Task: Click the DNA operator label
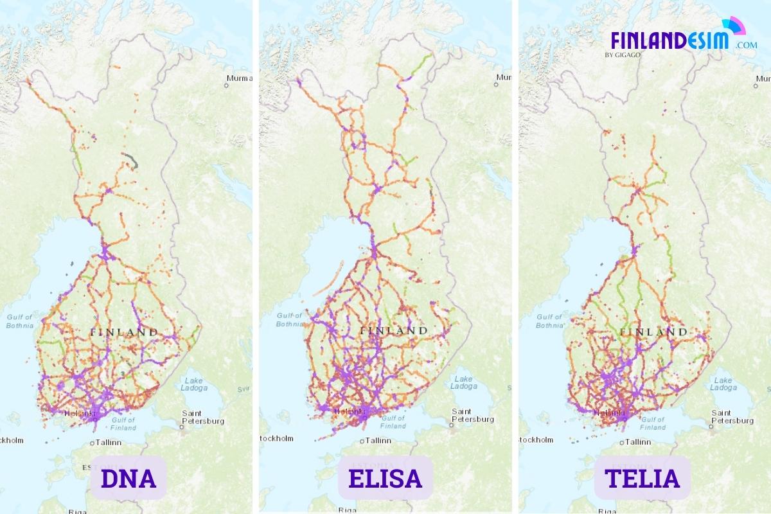[128, 479]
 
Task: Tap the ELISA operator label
[385, 479]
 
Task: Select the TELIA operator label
[641, 479]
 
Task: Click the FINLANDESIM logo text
[669, 40]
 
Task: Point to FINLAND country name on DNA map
[124, 332]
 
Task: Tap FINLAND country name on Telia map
[653, 332]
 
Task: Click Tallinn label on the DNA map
[110, 443]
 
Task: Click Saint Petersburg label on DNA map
[203, 417]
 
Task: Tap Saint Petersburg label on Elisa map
[473, 415]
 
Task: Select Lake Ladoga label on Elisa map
[463, 382]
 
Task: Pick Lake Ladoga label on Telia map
[723, 384]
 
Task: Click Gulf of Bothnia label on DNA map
[20, 321]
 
